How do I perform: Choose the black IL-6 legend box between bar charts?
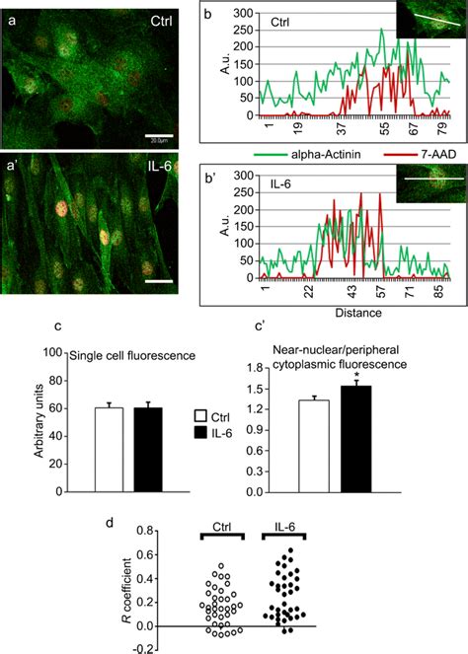point(201,432)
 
